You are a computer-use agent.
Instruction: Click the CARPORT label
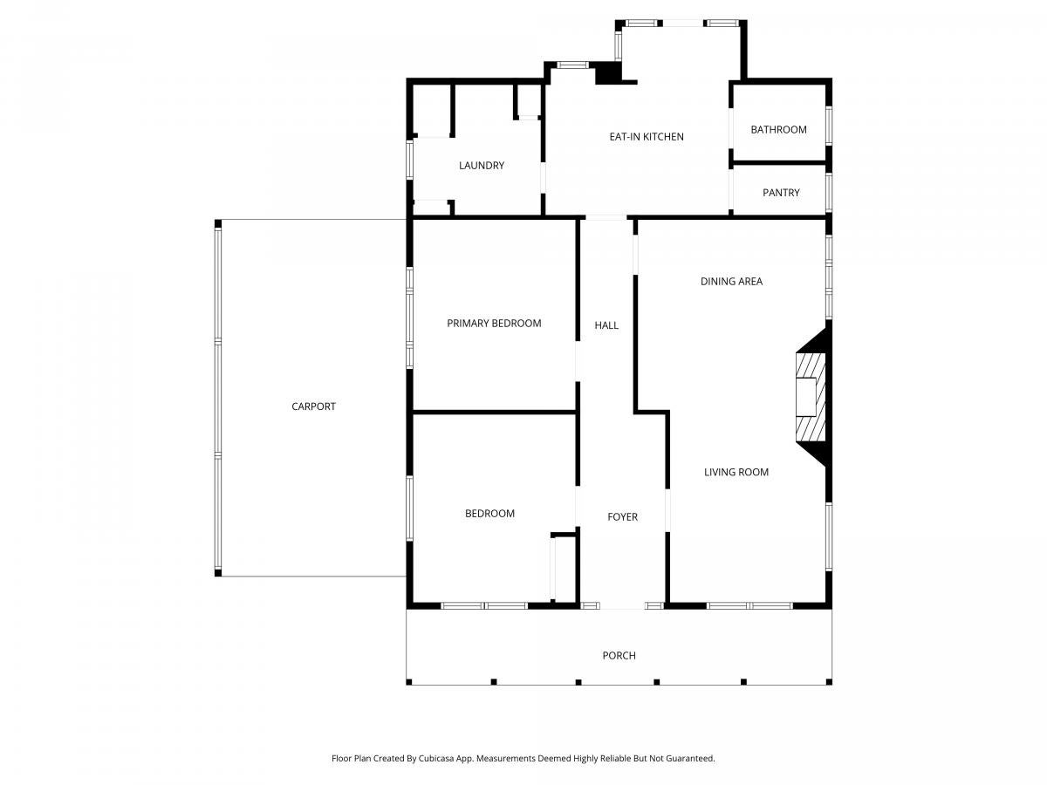point(313,406)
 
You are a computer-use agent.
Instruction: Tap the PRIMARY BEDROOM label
point(494,324)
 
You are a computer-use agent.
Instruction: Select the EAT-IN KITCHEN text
point(647,137)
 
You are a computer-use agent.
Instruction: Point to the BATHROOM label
point(778,130)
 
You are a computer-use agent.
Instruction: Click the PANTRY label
point(781,193)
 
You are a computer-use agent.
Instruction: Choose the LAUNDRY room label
point(482,166)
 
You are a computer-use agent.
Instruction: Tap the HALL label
point(606,325)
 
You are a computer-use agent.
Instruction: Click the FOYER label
point(622,517)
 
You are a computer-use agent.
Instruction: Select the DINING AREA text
point(731,282)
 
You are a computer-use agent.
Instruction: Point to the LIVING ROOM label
point(736,473)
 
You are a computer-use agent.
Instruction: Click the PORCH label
point(619,656)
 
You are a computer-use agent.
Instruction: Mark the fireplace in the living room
point(813,397)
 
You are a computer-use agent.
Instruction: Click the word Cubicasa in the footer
point(436,758)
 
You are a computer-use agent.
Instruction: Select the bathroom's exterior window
point(829,126)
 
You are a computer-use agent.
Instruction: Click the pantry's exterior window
point(829,192)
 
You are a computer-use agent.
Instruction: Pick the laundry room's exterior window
point(409,160)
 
